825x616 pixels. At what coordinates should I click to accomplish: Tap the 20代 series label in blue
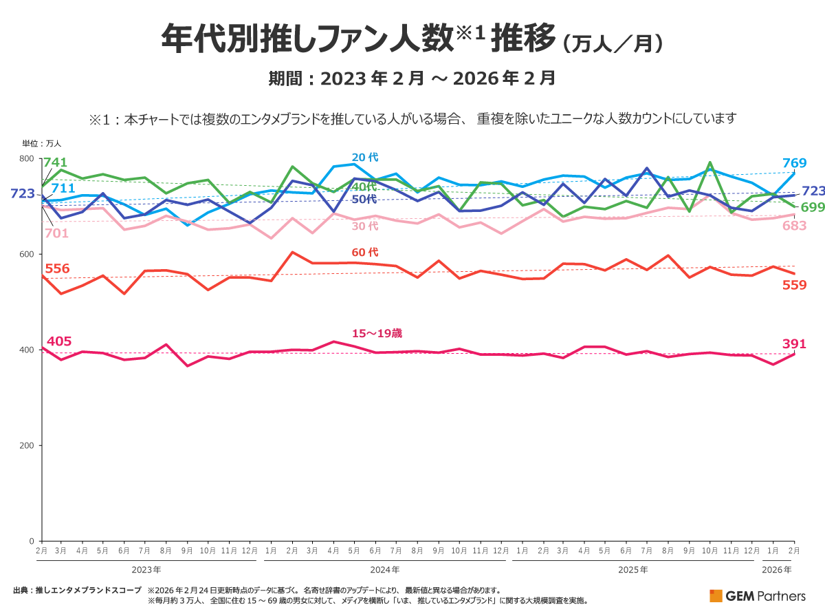(x=365, y=157)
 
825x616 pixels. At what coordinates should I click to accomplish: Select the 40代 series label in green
(x=364, y=187)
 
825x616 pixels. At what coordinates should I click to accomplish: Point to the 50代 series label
(x=364, y=199)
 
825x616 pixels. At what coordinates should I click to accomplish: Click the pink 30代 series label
(x=365, y=226)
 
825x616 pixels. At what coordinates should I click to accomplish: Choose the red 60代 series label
(x=365, y=253)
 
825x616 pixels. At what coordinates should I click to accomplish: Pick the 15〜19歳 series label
(x=377, y=333)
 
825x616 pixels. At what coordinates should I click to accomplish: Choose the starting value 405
(x=58, y=341)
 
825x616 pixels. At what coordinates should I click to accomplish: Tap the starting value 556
(x=57, y=268)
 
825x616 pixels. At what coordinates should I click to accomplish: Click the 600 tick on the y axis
(x=27, y=255)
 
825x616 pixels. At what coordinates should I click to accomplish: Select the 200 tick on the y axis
(x=27, y=445)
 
